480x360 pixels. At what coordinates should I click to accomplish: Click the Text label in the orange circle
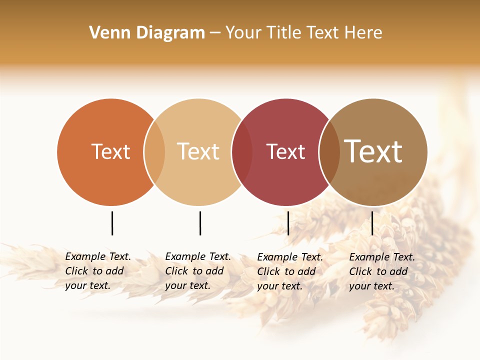110,151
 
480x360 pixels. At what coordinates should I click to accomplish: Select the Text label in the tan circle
198,151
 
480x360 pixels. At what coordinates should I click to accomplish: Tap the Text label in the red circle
285,152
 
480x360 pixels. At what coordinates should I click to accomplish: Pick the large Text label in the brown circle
373,151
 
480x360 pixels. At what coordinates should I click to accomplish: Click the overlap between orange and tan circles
154,152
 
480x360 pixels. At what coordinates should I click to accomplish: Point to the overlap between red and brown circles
329,152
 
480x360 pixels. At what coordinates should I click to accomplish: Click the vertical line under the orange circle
112,223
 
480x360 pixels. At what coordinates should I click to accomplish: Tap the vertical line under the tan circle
200,223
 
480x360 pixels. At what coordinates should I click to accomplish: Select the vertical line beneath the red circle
288,223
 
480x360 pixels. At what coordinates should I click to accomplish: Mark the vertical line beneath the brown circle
372,223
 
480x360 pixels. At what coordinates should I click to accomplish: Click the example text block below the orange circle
98,271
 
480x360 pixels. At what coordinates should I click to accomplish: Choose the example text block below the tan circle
198,271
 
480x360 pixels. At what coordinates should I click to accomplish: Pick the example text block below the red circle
290,271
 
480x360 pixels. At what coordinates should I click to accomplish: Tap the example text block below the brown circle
382,271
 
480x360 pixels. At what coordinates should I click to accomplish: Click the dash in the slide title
215,33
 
